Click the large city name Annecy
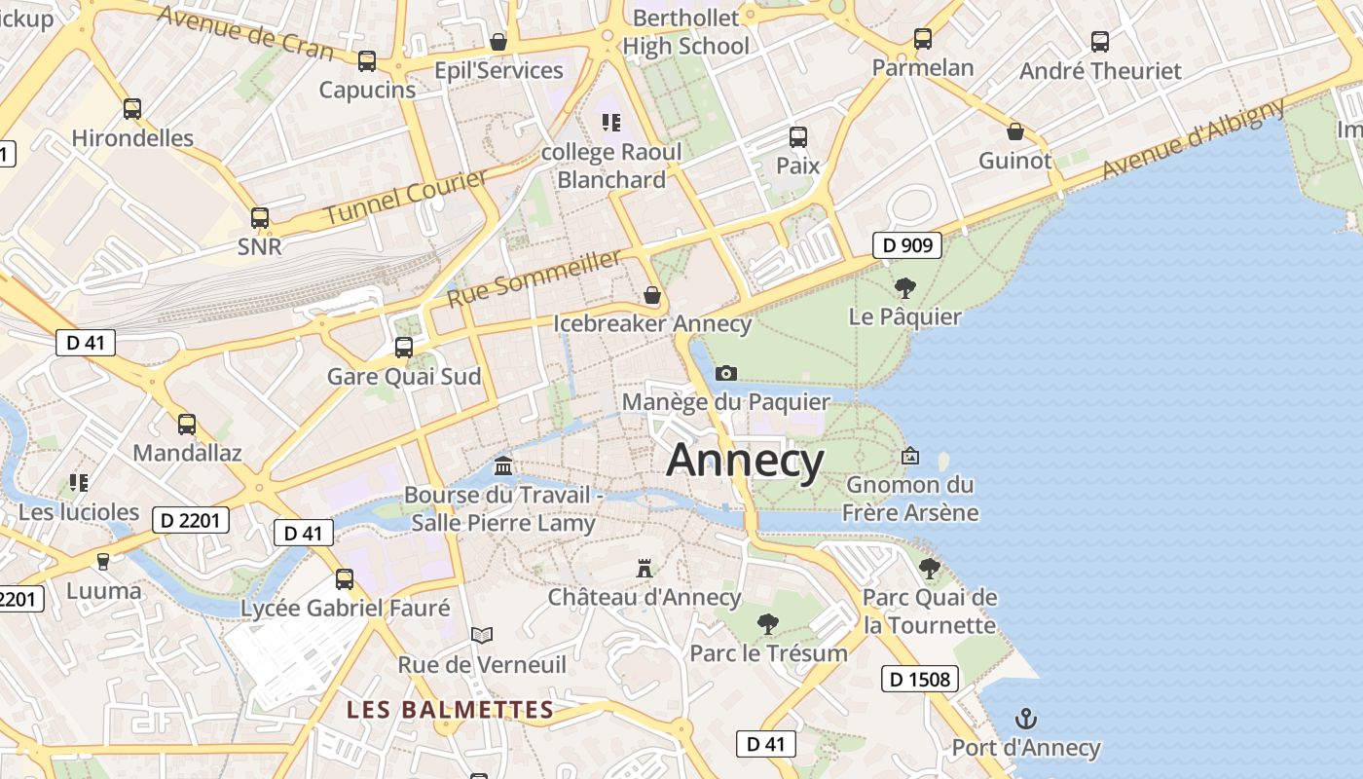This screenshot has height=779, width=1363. [x=745, y=461]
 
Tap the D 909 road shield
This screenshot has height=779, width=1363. [x=907, y=245]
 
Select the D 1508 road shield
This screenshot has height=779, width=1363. [x=920, y=679]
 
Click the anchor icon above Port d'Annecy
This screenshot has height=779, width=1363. [x=1025, y=720]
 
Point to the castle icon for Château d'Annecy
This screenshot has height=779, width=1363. [x=644, y=568]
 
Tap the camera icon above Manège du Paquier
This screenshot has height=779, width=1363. [x=725, y=373]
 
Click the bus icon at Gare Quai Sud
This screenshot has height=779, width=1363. [x=403, y=347]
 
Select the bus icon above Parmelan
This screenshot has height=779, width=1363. [x=922, y=39]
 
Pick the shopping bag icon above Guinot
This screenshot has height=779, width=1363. [x=1014, y=131]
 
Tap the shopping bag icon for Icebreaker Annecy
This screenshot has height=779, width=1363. [x=652, y=294]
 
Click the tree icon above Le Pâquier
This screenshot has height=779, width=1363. [x=904, y=288]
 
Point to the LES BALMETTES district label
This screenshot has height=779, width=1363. [x=450, y=710]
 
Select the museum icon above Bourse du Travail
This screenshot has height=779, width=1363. [x=503, y=465]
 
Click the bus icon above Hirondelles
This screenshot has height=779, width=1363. [x=132, y=109]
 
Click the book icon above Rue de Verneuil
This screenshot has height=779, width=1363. [x=481, y=636]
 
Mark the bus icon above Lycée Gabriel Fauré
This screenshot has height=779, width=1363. [x=345, y=579]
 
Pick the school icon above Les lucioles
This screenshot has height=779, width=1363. [x=79, y=483]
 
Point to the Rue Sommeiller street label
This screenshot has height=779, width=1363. [x=534, y=278]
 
